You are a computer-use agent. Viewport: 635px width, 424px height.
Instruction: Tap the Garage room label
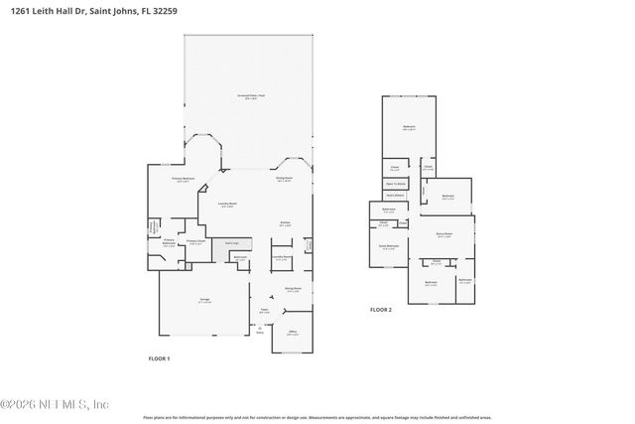pyautogui.click(x=203, y=299)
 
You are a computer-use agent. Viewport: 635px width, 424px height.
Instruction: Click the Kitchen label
pyautogui.click(x=285, y=223)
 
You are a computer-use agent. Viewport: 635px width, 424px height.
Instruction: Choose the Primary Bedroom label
pyautogui.click(x=182, y=180)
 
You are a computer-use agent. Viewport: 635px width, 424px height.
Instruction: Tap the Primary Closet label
pyautogui.click(x=196, y=242)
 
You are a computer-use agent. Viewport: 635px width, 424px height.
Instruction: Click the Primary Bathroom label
pyautogui.click(x=169, y=241)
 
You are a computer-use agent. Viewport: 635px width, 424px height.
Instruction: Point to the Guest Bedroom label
pyautogui.click(x=389, y=245)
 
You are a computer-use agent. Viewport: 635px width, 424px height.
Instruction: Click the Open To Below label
pyautogui.click(x=395, y=184)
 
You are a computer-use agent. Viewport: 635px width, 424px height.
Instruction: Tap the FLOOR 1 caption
pyautogui.click(x=159, y=357)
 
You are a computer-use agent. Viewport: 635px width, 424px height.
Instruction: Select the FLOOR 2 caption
pyautogui.click(x=381, y=310)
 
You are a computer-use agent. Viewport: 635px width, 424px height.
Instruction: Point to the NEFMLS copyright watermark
pyautogui.click(x=55, y=404)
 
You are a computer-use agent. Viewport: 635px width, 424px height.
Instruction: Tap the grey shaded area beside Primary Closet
pyautogui.click(x=231, y=243)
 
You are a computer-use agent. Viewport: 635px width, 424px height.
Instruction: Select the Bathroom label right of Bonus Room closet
pyautogui.click(x=464, y=280)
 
